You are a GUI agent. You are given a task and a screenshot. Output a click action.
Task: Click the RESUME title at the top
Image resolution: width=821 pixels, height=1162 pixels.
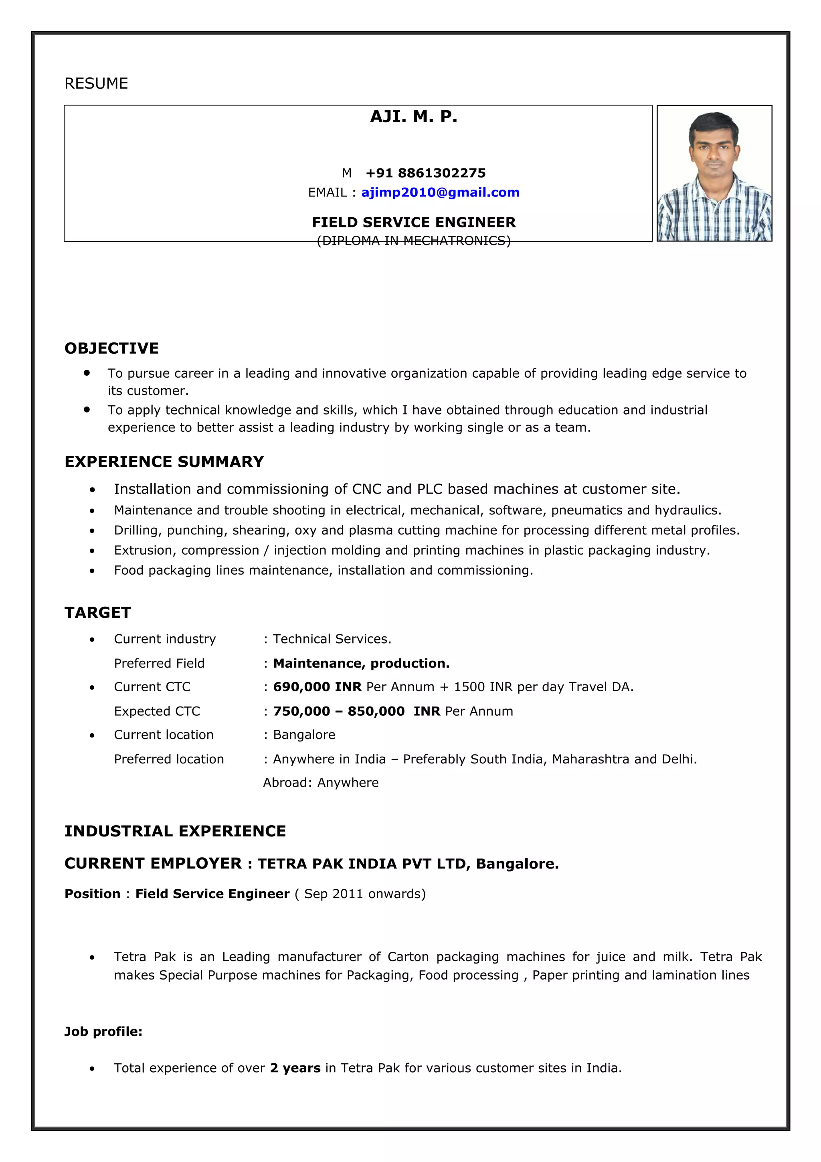click(96, 83)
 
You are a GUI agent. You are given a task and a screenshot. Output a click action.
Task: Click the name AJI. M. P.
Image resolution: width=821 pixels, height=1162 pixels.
click(413, 117)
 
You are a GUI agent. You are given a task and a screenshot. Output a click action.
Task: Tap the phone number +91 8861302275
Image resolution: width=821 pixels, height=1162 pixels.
click(425, 173)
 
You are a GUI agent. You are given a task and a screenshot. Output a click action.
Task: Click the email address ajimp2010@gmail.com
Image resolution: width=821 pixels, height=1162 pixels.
click(440, 192)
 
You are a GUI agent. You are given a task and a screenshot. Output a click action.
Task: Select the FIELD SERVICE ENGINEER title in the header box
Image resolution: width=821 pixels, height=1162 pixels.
click(413, 222)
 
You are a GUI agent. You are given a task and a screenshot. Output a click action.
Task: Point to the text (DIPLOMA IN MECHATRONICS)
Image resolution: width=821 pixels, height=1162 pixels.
click(413, 241)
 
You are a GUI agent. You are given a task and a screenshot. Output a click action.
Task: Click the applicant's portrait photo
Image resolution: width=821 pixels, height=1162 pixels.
click(714, 173)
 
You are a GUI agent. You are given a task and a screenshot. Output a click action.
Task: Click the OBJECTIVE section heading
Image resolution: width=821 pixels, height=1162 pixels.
click(111, 348)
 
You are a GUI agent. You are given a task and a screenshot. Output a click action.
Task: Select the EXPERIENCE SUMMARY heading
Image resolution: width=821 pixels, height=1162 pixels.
click(164, 462)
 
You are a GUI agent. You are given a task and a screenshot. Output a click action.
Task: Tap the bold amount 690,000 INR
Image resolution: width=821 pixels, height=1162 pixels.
click(317, 687)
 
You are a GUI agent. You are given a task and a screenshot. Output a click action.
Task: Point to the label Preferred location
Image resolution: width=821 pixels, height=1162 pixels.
click(168, 759)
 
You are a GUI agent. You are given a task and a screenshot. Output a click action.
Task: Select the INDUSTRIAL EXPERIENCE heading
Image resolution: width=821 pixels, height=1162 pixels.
click(175, 831)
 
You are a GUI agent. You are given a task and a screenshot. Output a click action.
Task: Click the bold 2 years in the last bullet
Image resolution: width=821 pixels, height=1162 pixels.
click(295, 1068)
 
